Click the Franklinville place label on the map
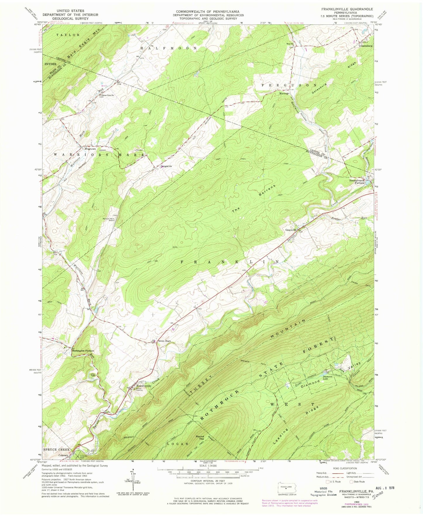tap(144, 386)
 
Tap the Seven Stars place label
tap(164, 341)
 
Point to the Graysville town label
tap(291, 230)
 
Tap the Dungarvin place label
tap(166, 166)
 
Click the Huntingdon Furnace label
tap(83, 350)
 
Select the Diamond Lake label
tap(327, 377)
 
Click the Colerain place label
tap(64, 455)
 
